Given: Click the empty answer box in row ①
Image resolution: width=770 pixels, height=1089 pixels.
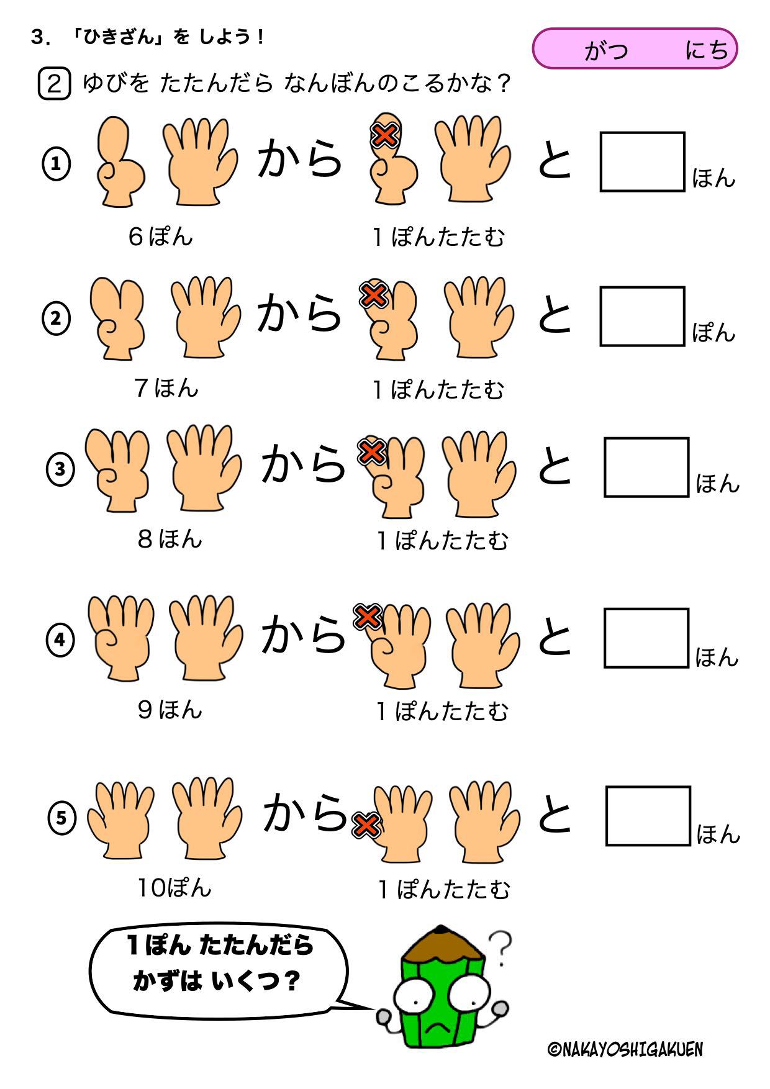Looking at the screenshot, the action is coord(642,161).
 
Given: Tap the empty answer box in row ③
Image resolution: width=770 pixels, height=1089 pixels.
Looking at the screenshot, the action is coord(646,467).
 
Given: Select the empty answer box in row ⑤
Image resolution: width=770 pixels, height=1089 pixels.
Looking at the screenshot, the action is coord(648,816).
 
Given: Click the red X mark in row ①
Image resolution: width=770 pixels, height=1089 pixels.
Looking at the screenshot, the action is coord(384,135).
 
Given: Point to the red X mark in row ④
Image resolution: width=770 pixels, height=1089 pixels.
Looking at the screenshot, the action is coord(367,617).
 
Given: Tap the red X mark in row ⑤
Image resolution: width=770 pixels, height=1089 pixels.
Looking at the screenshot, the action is coord(366,825).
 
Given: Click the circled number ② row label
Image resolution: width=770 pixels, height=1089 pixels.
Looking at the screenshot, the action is coord(56,319).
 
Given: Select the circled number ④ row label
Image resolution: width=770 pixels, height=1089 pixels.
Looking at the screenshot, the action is coord(60,639).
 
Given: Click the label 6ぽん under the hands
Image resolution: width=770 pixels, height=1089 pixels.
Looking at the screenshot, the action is coord(161,237).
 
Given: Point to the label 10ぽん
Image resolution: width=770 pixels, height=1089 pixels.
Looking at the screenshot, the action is coord(174,888).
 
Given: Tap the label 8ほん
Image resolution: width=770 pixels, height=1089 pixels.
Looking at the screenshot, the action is coord(170,538).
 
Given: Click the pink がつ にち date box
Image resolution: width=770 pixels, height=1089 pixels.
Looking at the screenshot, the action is coord(635,48).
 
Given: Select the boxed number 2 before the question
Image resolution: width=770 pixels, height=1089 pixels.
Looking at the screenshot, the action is coord(55,84).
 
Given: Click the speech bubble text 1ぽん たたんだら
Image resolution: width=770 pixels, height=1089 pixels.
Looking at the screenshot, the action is coord(220,946).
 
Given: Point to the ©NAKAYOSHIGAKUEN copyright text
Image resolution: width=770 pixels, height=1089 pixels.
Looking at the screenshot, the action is coord(626,1049).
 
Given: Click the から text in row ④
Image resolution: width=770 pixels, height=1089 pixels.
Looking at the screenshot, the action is coord(303,633).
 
